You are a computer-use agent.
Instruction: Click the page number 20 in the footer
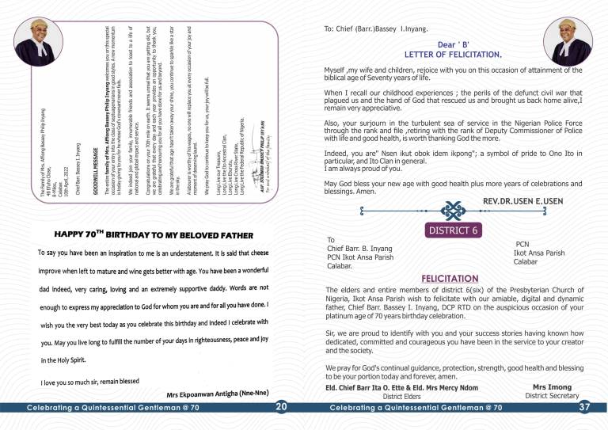[281, 406]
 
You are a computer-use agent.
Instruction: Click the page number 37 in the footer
[585, 406]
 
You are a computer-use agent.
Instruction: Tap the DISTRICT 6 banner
[453, 230]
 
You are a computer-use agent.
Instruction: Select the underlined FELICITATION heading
[450, 279]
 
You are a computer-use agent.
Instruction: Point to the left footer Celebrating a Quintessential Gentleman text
[112, 407]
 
